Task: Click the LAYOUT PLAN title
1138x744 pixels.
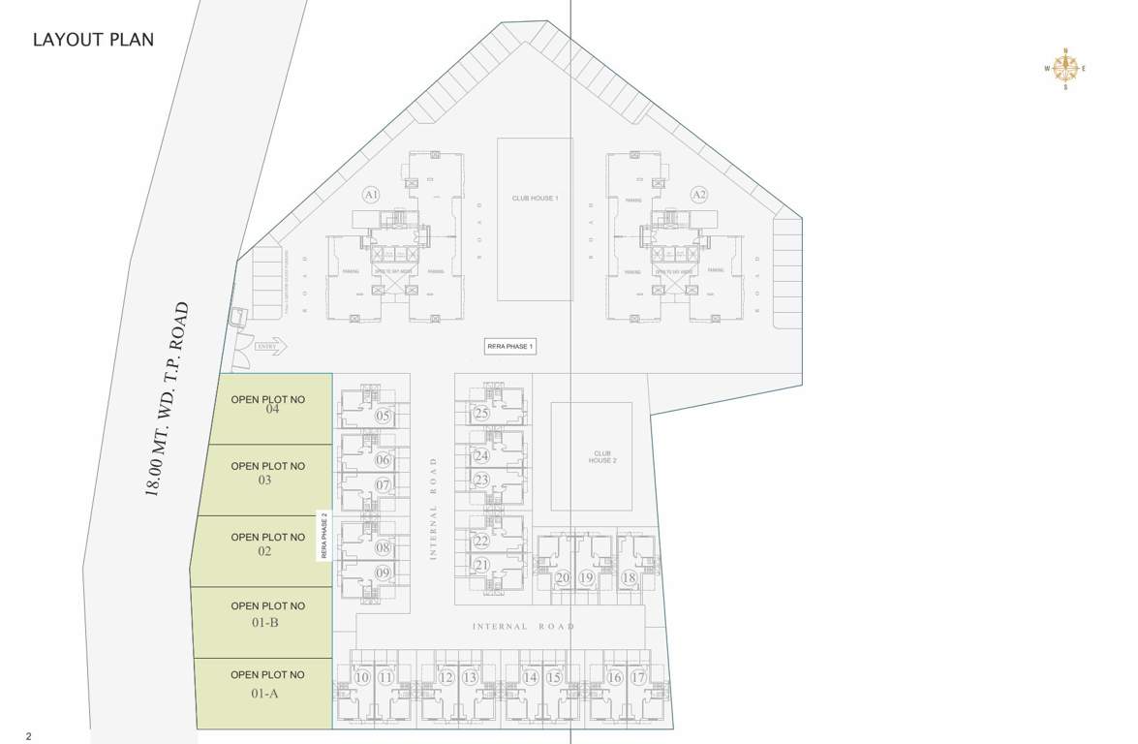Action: pos(93,40)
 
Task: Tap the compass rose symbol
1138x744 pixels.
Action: pos(1065,69)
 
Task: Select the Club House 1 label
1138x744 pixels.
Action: pos(535,199)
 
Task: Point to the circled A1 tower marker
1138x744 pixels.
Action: pos(370,195)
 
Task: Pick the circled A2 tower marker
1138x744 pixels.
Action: pos(698,195)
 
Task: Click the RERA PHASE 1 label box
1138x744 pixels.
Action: pos(510,347)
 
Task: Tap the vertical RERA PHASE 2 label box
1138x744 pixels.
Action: pos(324,536)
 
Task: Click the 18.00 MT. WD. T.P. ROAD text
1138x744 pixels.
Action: pos(166,399)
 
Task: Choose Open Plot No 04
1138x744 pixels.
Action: pos(268,405)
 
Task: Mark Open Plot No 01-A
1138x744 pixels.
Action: pos(264,684)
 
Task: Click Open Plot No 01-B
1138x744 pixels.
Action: pos(265,614)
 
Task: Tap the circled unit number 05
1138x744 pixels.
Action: pos(384,417)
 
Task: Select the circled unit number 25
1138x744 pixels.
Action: pos(481,414)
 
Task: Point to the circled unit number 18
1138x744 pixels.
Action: pos(629,578)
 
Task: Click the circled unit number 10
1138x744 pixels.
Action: pos(362,678)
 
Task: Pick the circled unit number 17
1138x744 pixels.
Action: pos(637,678)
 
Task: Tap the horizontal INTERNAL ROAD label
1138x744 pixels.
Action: pos(523,627)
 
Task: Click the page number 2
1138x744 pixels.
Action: pos(29,736)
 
